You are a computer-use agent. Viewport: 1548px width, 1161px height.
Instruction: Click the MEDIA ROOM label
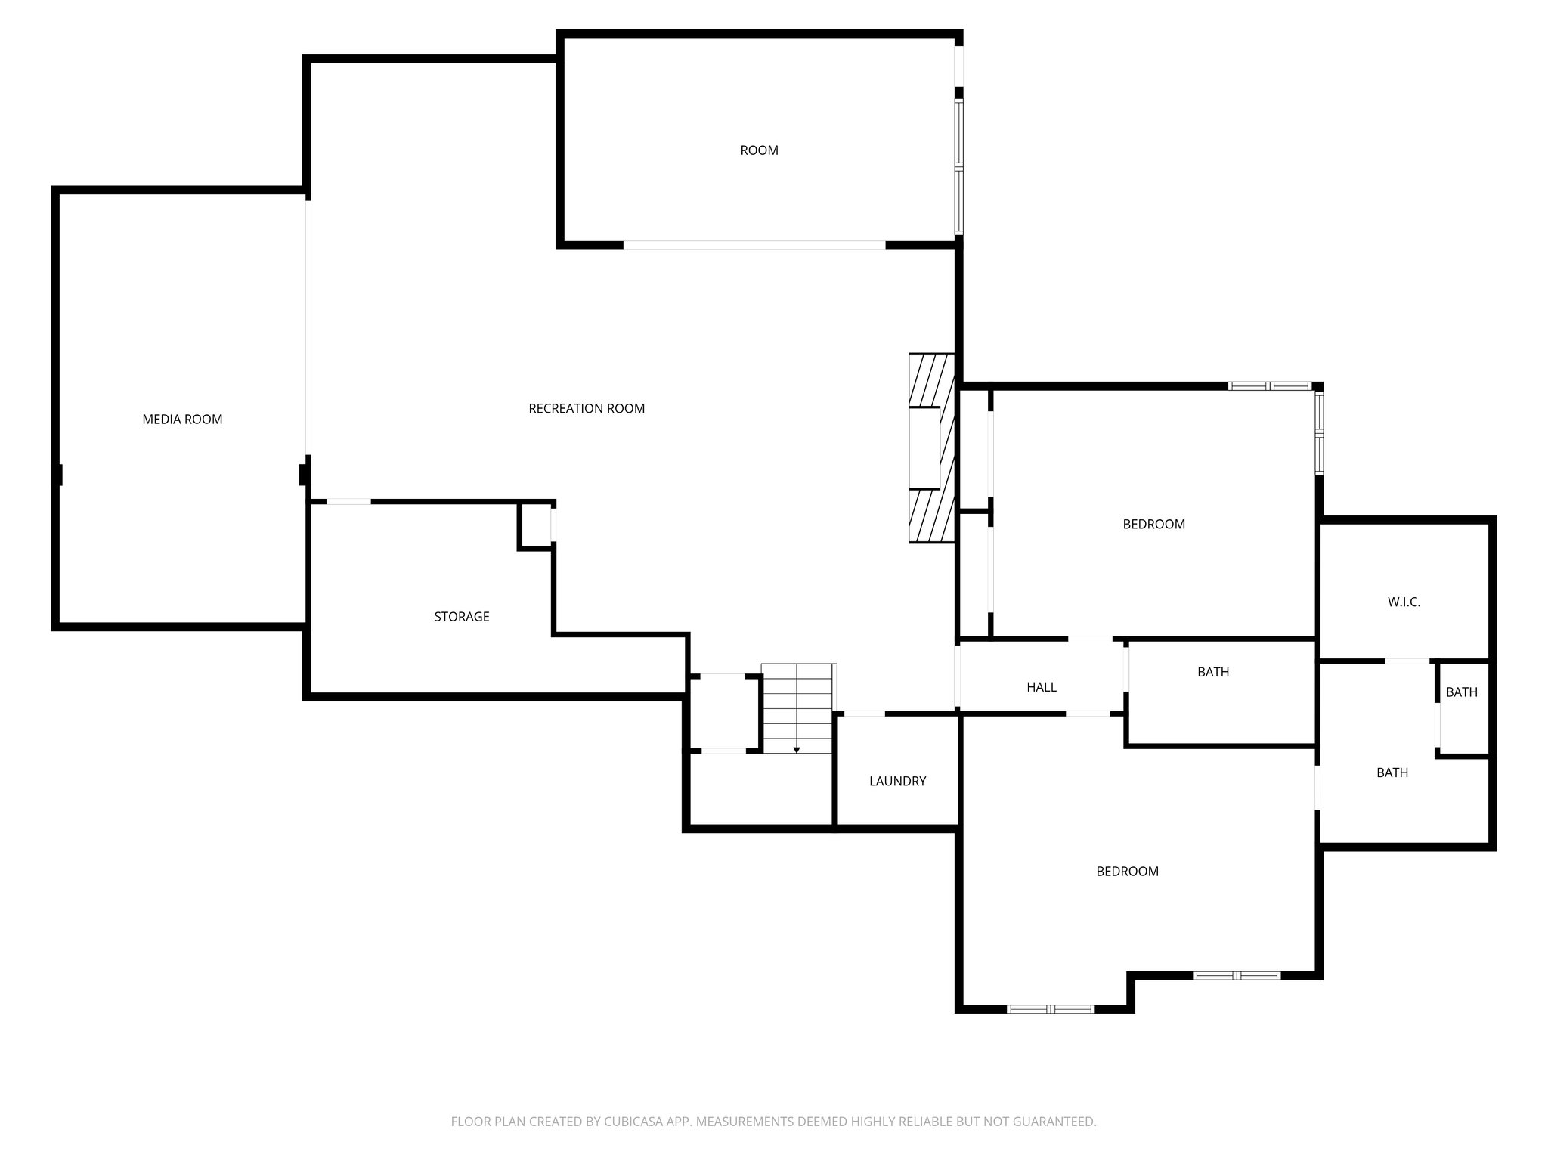182,420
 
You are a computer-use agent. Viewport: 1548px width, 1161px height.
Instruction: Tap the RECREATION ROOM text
587,409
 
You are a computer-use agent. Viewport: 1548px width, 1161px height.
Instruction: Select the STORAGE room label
461,617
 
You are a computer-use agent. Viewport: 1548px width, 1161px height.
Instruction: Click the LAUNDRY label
897,782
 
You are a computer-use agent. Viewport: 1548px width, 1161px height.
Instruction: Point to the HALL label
1041,687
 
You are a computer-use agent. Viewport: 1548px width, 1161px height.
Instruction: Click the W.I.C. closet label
1404,602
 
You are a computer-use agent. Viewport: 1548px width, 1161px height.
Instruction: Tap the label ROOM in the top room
759,150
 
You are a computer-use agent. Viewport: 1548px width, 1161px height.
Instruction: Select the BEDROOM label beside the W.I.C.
1153,525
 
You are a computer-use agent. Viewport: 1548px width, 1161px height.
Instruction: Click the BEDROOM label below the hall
1127,872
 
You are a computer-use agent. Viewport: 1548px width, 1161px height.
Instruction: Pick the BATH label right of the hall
1212,672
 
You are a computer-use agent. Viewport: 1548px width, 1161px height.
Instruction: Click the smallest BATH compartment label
1461,692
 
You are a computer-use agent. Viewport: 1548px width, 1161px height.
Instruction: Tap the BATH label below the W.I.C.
1392,772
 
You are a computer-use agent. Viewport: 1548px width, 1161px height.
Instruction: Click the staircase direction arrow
797,748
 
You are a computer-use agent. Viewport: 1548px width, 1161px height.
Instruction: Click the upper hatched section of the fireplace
931,380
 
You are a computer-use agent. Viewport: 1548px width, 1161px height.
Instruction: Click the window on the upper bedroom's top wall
1269,386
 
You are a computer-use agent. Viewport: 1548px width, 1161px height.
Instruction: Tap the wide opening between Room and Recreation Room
754,246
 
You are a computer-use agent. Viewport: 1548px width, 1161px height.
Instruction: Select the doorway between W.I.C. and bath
1407,661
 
